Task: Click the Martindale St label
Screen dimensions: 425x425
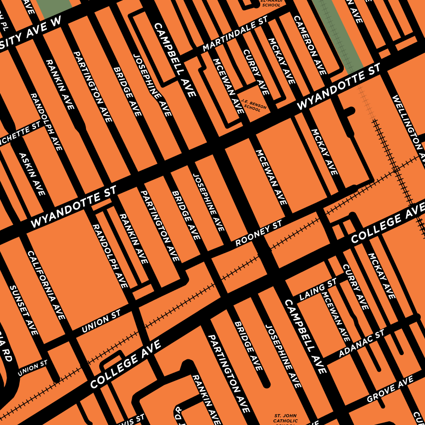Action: point(235,36)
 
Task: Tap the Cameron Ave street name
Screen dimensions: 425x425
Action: point(310,44)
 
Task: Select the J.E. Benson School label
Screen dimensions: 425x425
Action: point(254,105)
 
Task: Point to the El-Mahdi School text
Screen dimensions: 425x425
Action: point(271,3)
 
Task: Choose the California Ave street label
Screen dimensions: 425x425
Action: point(46,285)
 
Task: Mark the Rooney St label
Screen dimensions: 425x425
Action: point(258,234)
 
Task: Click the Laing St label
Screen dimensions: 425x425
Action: point(318,289)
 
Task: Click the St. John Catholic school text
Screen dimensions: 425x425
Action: point(286,418)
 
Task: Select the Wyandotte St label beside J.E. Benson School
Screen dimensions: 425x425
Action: point(339,88)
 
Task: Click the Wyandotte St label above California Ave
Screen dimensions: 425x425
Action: point(73,207)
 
